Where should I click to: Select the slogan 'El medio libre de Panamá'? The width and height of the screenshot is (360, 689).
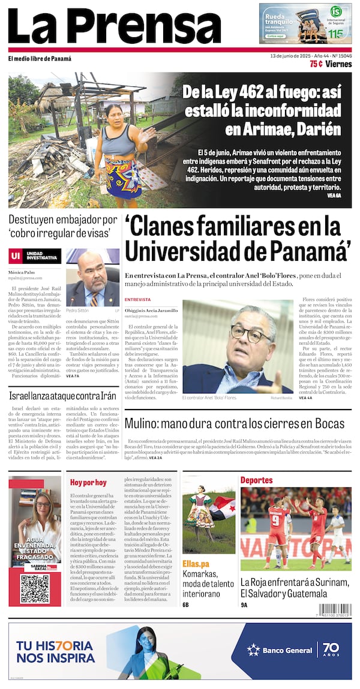click(40, 59)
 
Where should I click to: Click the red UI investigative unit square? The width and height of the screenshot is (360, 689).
click(16, 256)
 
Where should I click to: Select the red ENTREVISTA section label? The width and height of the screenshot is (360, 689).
click(137, 299)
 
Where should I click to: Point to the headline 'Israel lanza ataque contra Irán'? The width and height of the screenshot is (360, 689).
click(62, 396)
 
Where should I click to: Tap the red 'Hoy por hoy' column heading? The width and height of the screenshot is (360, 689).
click(88, 482)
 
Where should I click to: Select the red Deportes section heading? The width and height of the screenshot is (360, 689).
click(256, 480)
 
